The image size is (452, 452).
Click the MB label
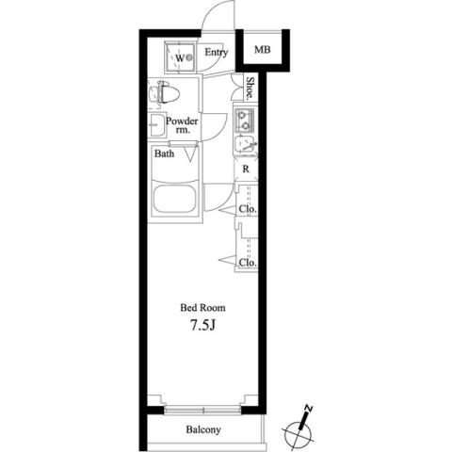263,50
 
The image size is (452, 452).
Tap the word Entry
217,53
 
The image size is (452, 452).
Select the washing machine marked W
180,57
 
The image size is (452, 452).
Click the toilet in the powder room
164,93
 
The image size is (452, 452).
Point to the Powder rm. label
182,125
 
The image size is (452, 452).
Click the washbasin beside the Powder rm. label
157,125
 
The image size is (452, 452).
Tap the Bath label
164,153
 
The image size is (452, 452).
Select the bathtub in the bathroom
175,199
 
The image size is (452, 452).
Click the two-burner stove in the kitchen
244,120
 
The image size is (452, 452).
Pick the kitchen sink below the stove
245,144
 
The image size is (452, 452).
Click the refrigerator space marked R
246,169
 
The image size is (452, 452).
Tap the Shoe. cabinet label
250,89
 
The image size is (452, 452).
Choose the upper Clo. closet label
248,208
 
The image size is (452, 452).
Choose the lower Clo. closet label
248,263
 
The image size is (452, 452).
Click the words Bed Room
202,308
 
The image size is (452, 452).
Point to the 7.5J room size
202,326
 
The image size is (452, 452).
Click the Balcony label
203,429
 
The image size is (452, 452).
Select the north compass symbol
299,428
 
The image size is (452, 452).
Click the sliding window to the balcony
202,410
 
